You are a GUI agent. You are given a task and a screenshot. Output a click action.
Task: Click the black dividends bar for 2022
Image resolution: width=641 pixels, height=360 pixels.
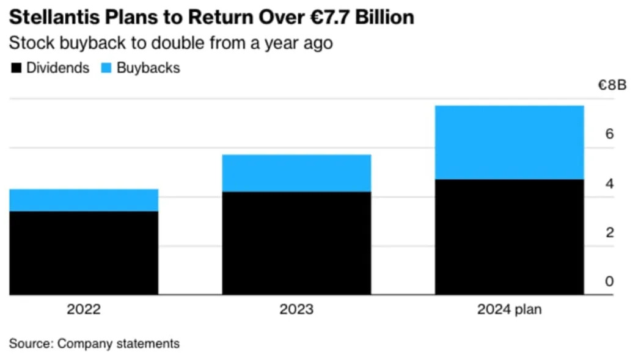point(84,253)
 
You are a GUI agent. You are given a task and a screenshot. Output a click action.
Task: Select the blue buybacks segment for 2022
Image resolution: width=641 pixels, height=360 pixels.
point(84,200)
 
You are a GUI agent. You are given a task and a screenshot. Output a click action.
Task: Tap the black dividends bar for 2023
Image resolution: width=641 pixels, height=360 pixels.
point(296,243)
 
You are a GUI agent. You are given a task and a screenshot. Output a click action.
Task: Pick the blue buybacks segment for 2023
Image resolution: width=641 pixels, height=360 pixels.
point(296,173)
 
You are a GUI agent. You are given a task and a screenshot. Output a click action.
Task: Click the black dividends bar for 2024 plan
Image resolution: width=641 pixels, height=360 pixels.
point(510,237)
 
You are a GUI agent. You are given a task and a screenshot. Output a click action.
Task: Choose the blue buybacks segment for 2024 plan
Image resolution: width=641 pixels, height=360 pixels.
point(510,142)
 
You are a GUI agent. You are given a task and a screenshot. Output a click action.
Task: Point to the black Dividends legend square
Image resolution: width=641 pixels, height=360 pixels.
point(16,68)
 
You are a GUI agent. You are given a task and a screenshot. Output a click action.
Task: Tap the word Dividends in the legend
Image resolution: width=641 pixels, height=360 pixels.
point(57,68)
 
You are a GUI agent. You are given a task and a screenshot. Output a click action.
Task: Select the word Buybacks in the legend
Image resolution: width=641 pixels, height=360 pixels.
point(148,68)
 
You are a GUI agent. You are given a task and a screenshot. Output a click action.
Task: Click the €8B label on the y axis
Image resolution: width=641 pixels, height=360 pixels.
point(612,85)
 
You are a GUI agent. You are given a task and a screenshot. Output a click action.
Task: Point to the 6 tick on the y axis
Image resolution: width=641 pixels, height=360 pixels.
point(609,134)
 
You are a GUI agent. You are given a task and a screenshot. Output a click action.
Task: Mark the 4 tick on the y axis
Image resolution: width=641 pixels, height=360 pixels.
point(609,184)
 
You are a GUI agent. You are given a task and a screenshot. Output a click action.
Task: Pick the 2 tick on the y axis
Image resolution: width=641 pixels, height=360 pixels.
point(609,232)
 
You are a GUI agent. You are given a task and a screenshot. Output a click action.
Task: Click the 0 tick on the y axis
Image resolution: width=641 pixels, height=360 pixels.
point(609,281)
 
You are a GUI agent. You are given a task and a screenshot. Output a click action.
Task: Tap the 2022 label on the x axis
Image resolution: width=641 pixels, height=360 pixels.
point(84,309)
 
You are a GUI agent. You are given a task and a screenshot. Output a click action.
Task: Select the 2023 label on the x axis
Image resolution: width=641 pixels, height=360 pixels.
point(296,309)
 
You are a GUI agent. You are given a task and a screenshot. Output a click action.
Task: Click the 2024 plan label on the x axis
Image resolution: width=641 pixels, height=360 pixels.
point(510,309)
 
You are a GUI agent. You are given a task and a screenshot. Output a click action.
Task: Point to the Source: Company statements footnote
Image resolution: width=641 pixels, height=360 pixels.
point(94,344)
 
